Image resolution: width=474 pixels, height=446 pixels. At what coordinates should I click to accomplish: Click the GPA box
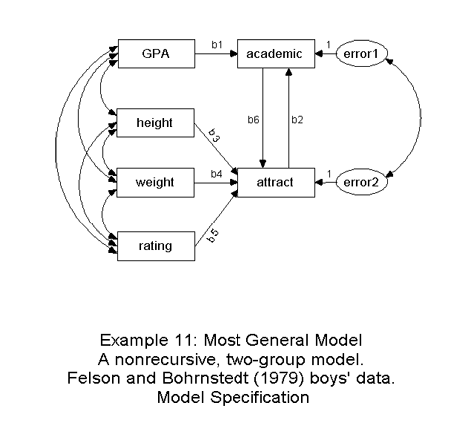tap(156, 54)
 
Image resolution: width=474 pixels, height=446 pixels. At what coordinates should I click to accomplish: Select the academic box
tap(276, 54)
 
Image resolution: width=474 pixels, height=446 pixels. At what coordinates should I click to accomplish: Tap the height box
tap(155, 123)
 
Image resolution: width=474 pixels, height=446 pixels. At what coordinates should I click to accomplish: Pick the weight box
tap(155, 183)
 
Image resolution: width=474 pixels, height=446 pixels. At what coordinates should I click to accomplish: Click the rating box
tap(156, 246)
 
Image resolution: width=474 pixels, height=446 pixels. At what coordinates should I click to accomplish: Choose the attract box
tap(276, 183)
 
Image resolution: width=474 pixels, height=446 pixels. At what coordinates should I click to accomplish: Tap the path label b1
tap(217, 45)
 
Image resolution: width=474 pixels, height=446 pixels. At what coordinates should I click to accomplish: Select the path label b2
tap(297, 120)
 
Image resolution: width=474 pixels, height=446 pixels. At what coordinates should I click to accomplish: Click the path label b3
tap(214, 136)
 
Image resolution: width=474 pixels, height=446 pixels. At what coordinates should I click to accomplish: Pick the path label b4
tap(216, 174)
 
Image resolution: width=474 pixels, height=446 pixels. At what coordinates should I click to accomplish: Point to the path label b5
tap(213, 236)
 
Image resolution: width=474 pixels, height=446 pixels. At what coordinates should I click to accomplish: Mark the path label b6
tap(253, 120)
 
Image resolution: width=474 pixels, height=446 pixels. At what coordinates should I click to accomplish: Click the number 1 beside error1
tap(329, 45)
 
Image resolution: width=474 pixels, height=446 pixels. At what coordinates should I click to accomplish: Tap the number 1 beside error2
tap(329, 174)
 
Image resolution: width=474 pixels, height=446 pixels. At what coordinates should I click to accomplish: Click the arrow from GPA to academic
tap(217, 54)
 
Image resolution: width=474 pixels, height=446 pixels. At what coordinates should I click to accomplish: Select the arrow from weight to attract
tap(217, 183)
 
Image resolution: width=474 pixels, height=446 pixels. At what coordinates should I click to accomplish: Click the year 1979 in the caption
tap(279, 378)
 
